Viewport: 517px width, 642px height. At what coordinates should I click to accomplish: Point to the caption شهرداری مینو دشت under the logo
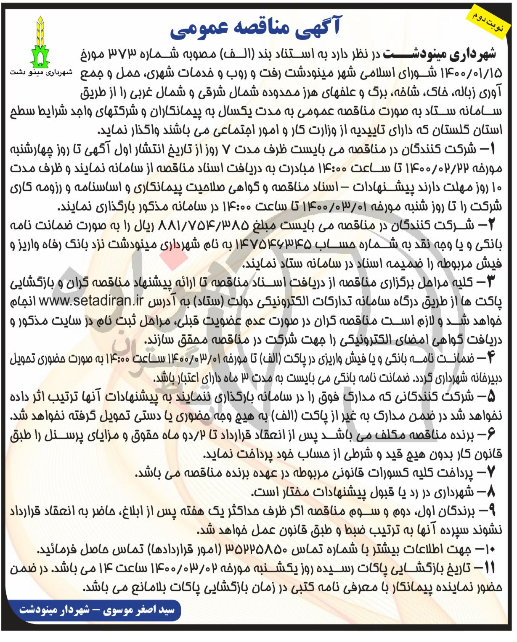click(x=41, y=72)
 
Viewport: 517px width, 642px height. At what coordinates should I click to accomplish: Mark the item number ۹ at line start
click(x=491, y=510)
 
